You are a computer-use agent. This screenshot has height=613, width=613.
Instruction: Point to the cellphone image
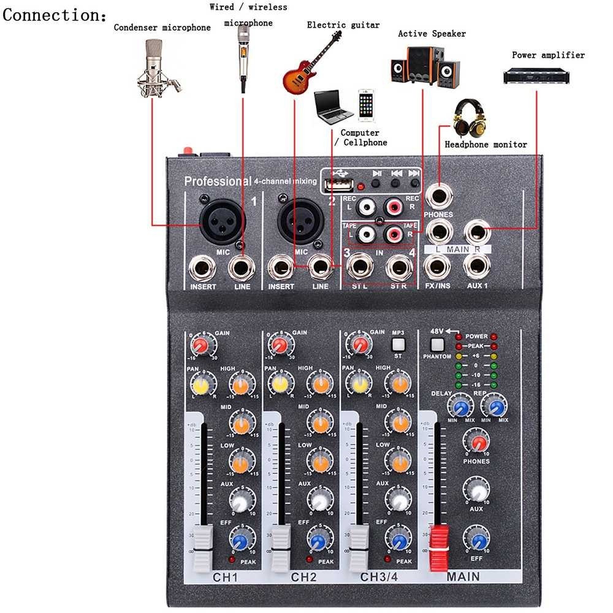pos(366,105)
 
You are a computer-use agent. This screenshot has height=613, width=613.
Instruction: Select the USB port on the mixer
pos(338,183)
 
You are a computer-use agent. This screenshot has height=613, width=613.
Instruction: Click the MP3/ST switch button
pos(399,345)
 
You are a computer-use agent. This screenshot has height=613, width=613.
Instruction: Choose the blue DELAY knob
pos(460,406)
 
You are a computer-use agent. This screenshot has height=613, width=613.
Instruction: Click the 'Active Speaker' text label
pos(432,34)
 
